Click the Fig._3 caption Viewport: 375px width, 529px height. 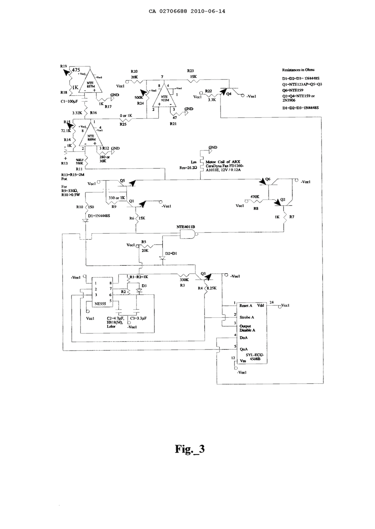pos(190,448)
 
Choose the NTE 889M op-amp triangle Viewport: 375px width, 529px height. pos(90,136)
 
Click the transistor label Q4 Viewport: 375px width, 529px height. pos(229,94)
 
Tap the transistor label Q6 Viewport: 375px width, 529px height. pos(268,179)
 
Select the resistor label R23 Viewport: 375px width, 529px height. pos(190,70)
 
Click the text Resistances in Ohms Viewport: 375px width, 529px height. pos(298,70)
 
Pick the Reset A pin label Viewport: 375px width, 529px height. pos(246,305)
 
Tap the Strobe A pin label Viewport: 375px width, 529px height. pos(247,317)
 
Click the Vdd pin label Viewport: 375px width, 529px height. pos(260,305)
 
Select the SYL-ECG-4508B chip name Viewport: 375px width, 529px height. pos(256,356)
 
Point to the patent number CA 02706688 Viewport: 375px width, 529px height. pos(168,11)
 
